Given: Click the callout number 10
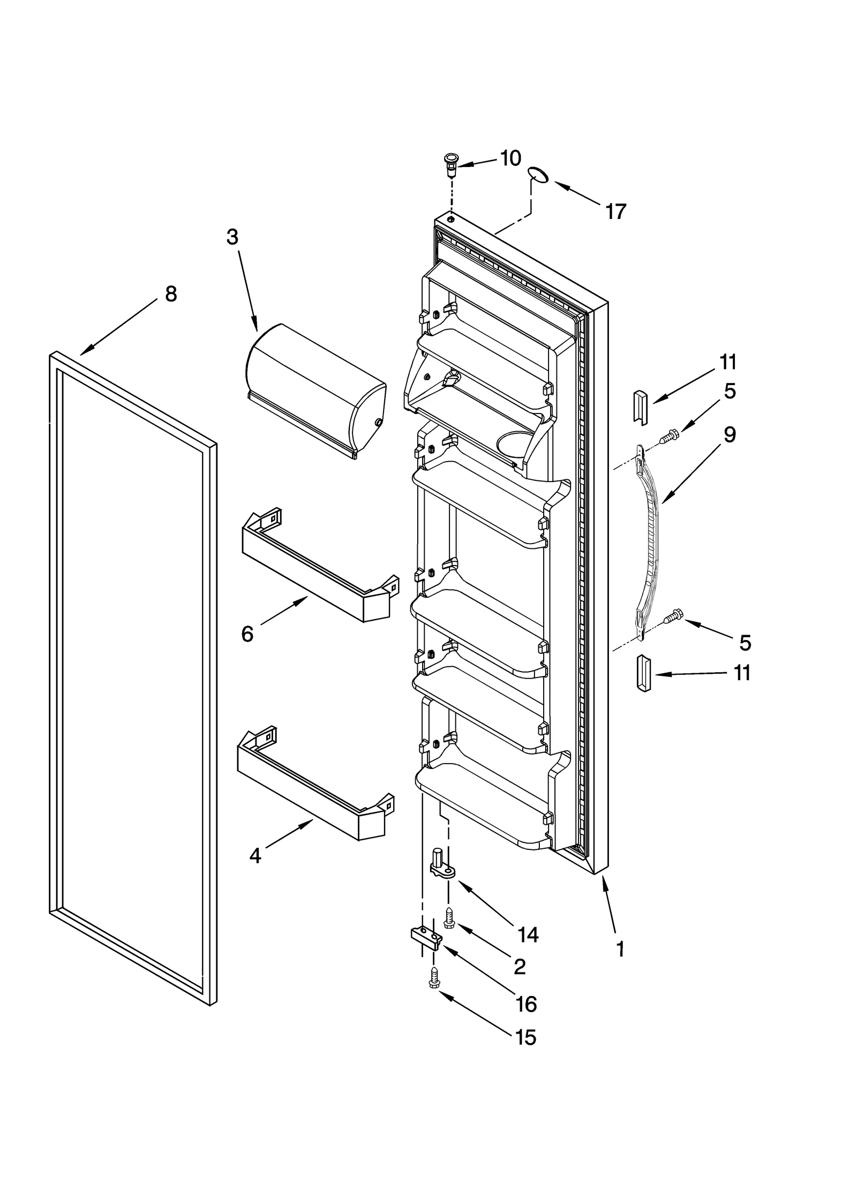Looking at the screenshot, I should pyautogui.click(x=510, y=158).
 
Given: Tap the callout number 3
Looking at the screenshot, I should pyautogui.click(x=231, y=237).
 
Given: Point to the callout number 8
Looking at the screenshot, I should pyautogui.click(x=170, y=294).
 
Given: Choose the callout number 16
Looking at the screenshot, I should pyautogui.click(x=526, y=1004).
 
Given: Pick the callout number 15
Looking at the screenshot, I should pyautogui.click(x=525, y=1037).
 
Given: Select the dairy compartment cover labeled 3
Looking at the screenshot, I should pyautogui.click(x=316, y=388).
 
